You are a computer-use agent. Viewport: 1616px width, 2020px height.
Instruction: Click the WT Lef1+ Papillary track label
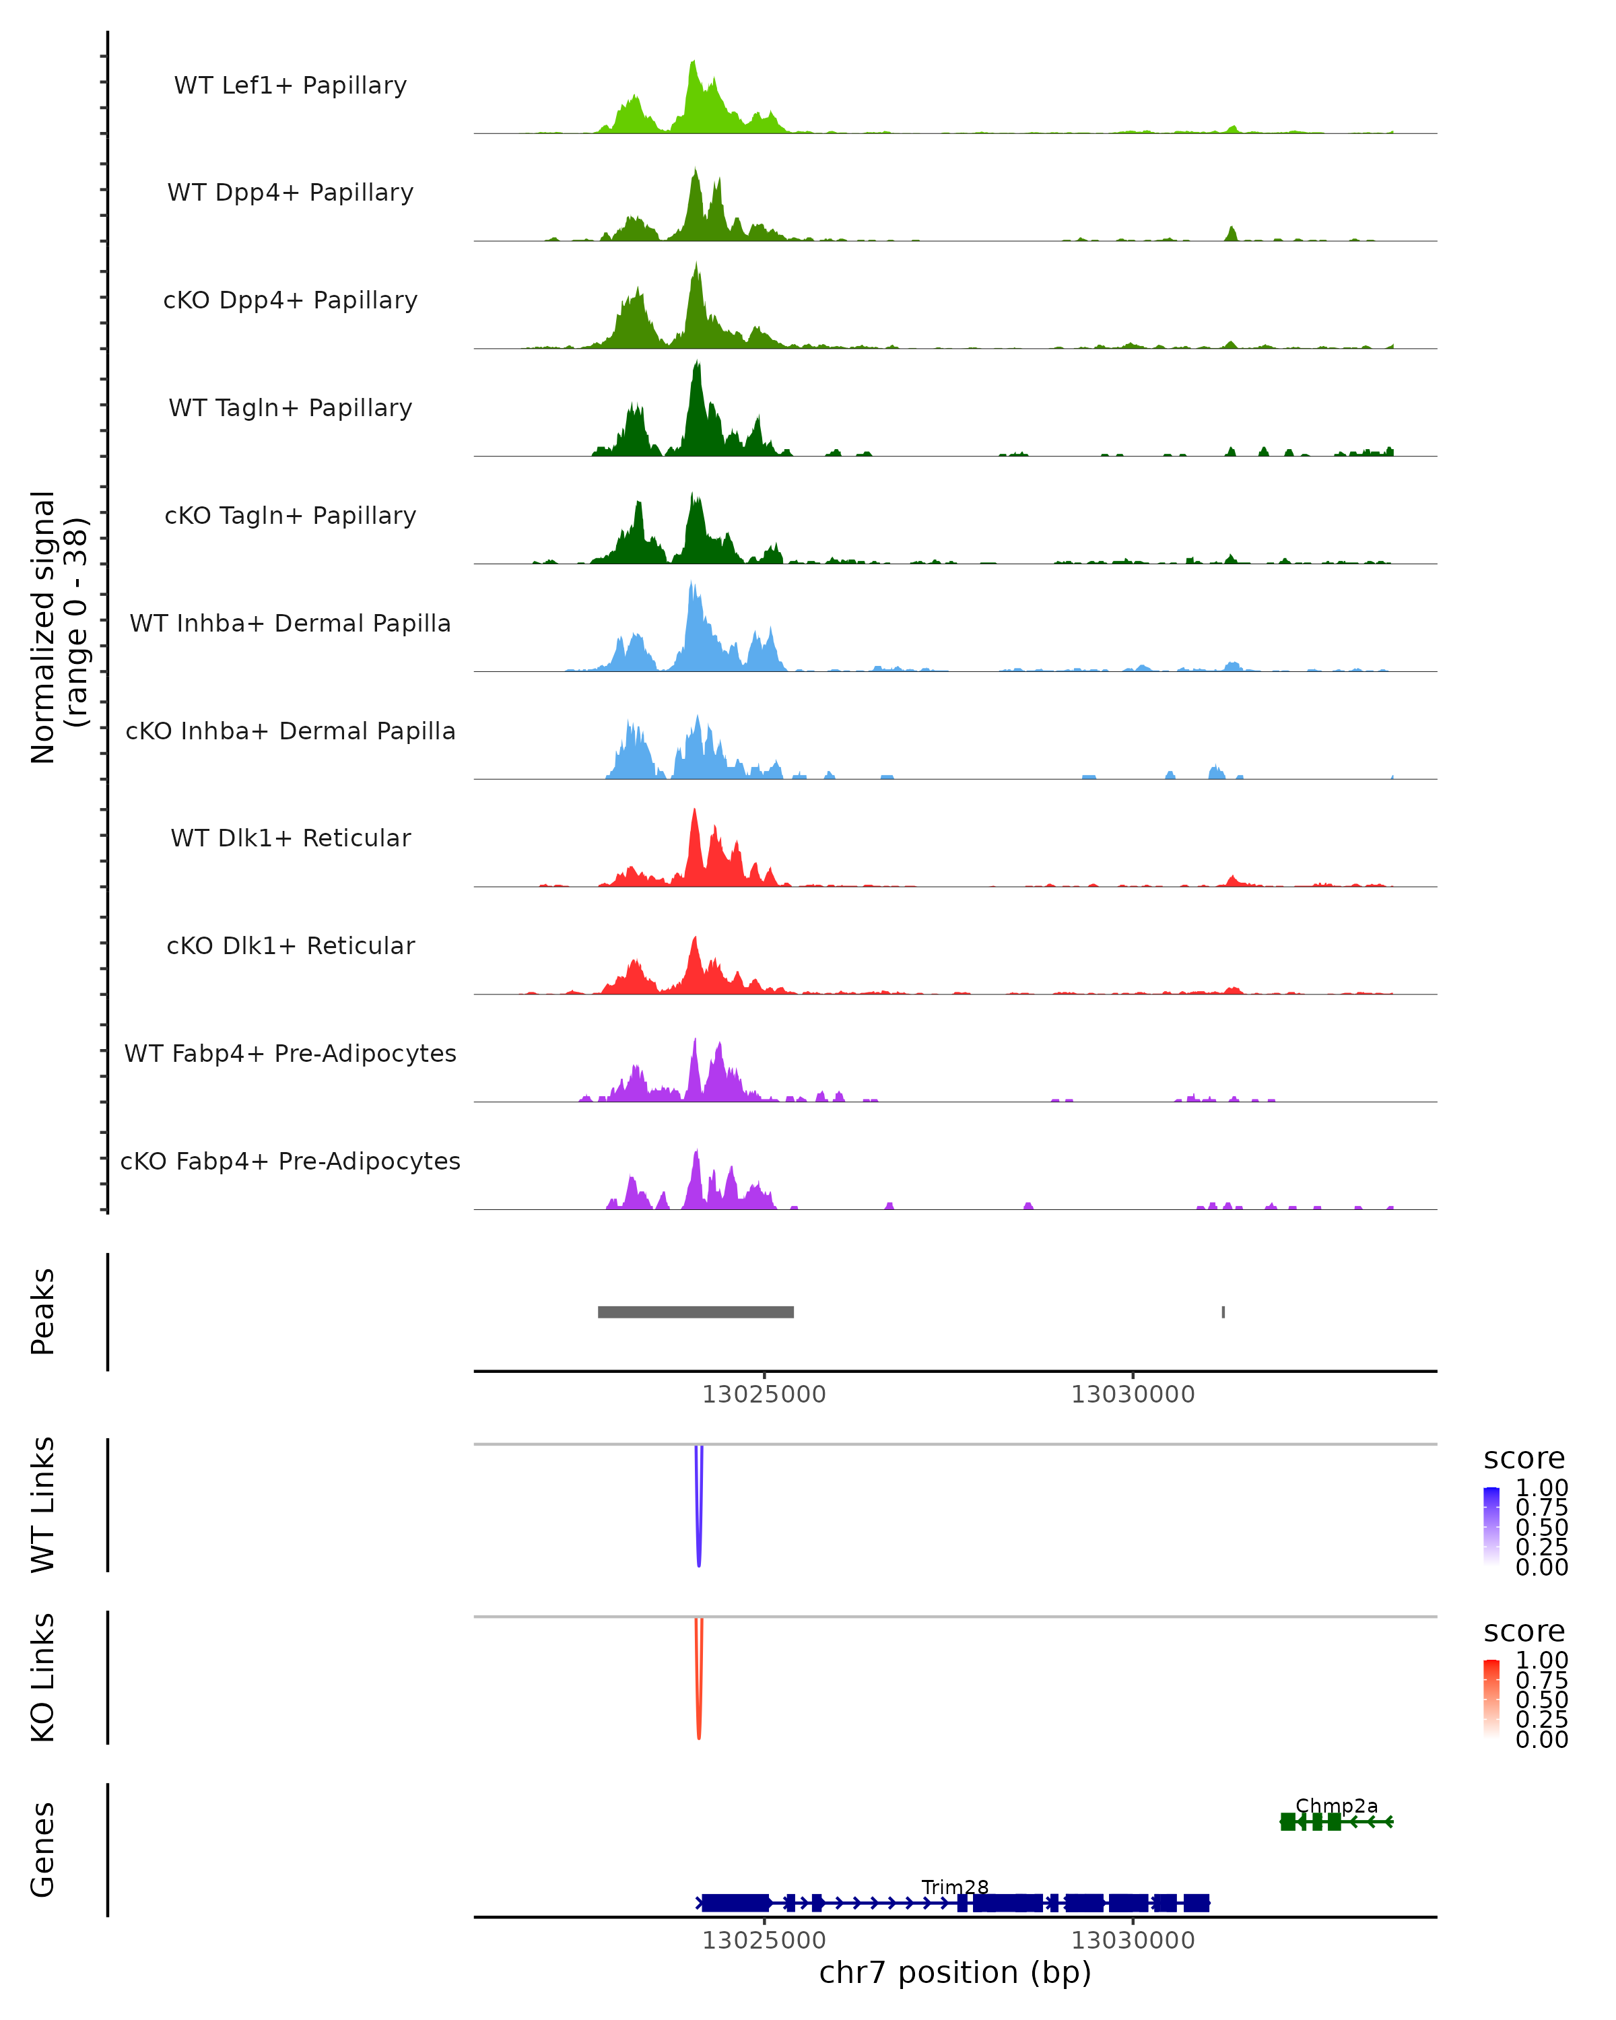click(290, 86)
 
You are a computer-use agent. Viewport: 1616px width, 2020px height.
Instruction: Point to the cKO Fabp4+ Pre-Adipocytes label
click(290, 1161)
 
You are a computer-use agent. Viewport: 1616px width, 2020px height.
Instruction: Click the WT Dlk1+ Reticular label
click(290, 838)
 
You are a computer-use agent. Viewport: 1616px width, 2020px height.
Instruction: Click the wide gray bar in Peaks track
click(695, 1312)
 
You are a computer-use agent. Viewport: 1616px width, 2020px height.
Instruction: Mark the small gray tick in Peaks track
click(1223, 1312)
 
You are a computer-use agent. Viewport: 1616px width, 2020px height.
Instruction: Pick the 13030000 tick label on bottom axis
click(1133, 1941)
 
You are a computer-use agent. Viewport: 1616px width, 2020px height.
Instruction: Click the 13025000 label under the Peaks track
click(764, 1394)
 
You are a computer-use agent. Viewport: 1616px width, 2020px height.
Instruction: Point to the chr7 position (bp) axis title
click(955, 1973)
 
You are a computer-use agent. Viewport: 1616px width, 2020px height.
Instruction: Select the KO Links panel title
click(43, 1677)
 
